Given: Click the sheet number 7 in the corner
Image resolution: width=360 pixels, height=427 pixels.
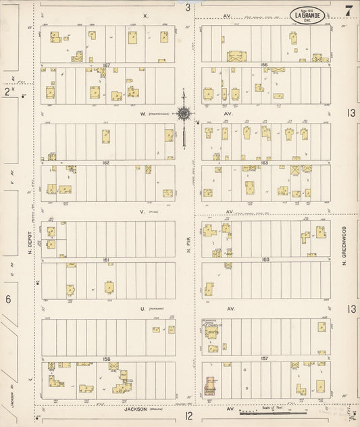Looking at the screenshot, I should point(347,10).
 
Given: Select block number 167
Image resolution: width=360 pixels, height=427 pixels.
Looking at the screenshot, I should point(106,65).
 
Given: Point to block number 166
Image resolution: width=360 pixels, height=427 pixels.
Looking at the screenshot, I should point(265,65).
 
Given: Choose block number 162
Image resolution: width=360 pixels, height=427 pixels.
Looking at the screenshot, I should point(106,163).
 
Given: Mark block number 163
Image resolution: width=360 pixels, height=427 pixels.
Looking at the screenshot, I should point(265,163).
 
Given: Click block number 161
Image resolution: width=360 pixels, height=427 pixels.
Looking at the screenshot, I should point(106,259).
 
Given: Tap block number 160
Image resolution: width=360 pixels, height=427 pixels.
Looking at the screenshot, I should point(265,259).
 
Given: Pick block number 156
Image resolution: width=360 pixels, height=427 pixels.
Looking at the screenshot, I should point(106,358).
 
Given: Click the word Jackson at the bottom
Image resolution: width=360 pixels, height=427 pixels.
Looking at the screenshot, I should point(135,409).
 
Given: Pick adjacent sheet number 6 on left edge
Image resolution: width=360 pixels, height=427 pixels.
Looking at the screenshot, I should point(7,299).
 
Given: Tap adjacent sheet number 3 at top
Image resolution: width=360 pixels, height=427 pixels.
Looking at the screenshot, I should point(188,7).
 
